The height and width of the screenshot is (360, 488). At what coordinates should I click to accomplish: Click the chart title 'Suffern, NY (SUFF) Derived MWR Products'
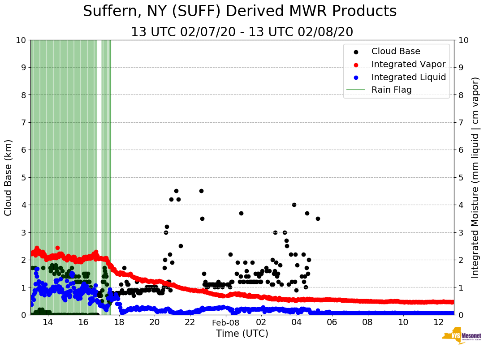click(x=240, y=11)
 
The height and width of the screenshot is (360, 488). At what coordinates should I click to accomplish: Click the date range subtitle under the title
click(x=242, y=32)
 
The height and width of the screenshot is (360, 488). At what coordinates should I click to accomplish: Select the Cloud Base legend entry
click(x=396, y=51)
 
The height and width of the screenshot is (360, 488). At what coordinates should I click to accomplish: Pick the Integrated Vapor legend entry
click(x=408, y=64)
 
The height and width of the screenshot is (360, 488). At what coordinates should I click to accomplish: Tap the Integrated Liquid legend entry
click(x=408, y=77)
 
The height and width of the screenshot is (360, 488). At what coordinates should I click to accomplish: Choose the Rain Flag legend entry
click(x=391, y=90)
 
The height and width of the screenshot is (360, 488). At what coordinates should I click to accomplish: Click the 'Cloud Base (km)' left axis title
click(x=9, y=177)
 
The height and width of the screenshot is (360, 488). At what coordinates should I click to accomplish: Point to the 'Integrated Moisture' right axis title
click(x=475, y=177)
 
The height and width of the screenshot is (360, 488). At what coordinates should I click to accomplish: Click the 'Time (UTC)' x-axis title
click(x=242, y=334)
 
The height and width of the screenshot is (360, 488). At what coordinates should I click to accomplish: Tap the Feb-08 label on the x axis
click(x=226, y=322)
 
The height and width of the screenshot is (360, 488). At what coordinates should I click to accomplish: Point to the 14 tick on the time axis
click(x=48, y=322)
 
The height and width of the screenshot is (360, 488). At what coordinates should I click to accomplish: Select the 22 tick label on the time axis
click(x=190, y=322)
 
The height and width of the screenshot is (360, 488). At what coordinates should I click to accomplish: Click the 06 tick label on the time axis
click(x=332, y=322)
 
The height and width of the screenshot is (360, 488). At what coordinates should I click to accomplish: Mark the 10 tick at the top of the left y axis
click(x=21, y=40)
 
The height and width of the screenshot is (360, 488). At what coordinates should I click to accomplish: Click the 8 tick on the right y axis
click(x=461, y=95)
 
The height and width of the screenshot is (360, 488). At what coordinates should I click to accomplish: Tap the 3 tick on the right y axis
click(x=461, y=232)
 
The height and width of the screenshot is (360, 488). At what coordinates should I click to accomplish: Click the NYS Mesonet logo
click(x=461, y=337)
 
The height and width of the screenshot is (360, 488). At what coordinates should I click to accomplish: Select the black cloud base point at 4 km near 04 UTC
click(x=294, y=205)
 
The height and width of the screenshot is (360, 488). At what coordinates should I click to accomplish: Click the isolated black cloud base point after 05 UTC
click(x=318, y=219)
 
